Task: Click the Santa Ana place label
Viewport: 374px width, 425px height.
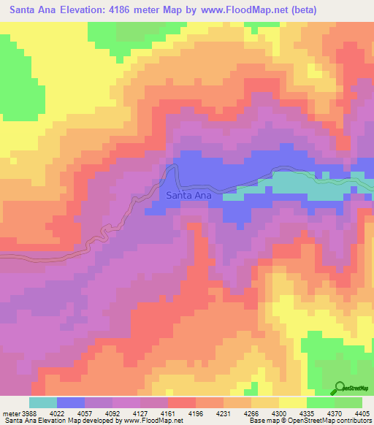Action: (189, 196)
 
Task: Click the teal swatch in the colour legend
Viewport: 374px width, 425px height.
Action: (43, 402)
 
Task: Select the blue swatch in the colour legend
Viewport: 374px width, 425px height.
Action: (71, 402)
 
